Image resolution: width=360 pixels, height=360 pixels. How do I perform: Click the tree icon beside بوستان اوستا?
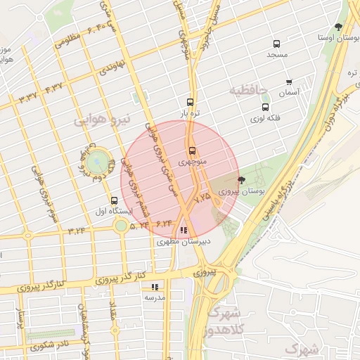click(339, 27)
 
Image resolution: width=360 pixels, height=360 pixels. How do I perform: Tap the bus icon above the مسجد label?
click(276, 44)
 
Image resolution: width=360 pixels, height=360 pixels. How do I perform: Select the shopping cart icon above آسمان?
click(288, 82)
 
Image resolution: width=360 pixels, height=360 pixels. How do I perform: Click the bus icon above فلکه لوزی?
click(265, 108)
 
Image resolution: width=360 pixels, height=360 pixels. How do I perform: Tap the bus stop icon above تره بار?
click(190, 102)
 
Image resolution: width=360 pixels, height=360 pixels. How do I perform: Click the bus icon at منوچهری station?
click(191, 151)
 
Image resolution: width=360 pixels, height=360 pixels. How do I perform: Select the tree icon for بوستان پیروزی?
click(242, 181)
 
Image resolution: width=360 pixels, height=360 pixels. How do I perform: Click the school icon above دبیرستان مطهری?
click(183, 230)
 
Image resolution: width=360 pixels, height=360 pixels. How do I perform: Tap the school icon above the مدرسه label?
click(155, 287)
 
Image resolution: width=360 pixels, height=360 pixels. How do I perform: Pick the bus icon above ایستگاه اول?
click(115, 200)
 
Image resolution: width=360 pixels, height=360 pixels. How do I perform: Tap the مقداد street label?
click(113, 314)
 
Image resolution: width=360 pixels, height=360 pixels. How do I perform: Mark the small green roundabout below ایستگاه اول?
click(121, 226)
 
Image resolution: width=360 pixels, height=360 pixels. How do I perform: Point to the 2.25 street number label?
click(202, 198)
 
